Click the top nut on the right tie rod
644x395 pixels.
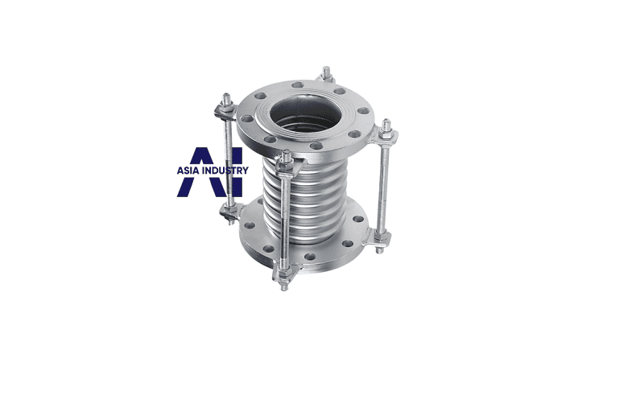(386, 134)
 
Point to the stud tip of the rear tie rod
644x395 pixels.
(327, 71)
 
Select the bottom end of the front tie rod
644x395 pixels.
(284, 287)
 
